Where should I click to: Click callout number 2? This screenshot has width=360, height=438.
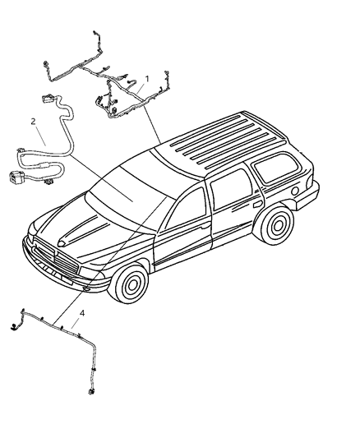click(x=33, y=121)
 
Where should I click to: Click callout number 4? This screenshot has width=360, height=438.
click(x=82, y=312)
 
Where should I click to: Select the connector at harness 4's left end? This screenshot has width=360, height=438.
click(x=14, y=328)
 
